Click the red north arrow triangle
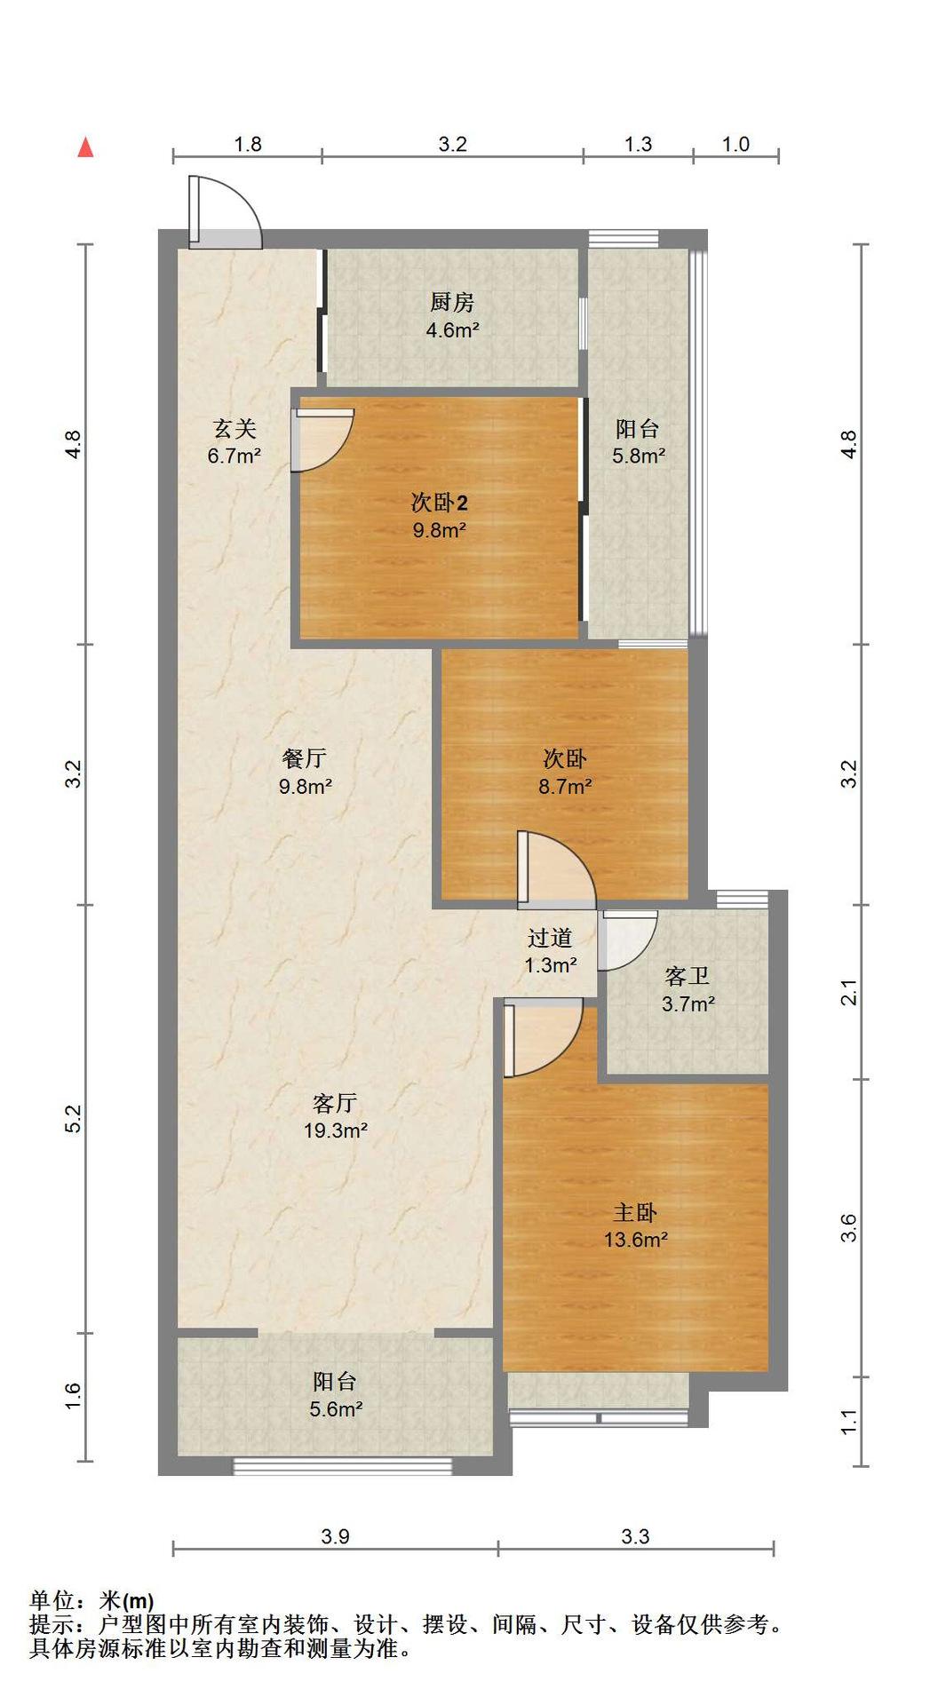85,147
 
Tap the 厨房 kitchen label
452,303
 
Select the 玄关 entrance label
235,429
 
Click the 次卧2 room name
439,503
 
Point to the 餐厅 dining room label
305,758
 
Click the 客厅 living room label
335,1103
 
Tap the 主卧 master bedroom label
635,1212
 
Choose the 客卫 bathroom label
688,977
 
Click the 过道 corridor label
550,938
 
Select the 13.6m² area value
636,1240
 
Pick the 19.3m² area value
336,1130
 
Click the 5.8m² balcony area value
639,456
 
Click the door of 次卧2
322,440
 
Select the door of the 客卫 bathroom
627,940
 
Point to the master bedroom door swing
543,1037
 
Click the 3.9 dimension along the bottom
336,1536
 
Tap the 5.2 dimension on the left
74,1118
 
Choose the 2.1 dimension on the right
849,992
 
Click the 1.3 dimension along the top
638,144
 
